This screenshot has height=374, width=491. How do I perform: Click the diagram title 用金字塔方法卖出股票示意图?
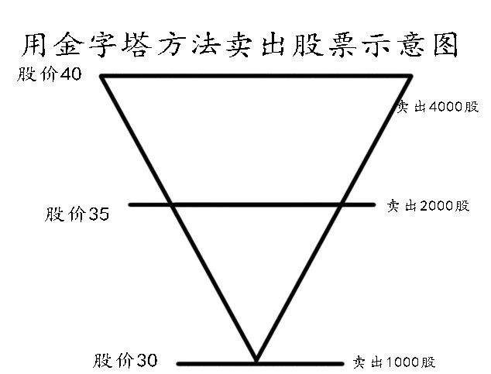239,45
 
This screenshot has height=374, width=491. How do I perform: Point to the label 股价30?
125,360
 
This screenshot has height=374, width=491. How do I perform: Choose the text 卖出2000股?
427,206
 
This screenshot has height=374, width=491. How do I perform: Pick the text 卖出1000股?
394,362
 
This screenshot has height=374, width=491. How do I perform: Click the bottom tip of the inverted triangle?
256,362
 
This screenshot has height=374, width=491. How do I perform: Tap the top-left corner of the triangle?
103,76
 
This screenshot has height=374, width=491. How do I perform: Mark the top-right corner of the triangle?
410,76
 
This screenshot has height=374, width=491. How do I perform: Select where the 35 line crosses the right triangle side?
342,204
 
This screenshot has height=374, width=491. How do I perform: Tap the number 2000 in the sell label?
434,206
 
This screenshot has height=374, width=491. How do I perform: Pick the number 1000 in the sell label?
399,362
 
